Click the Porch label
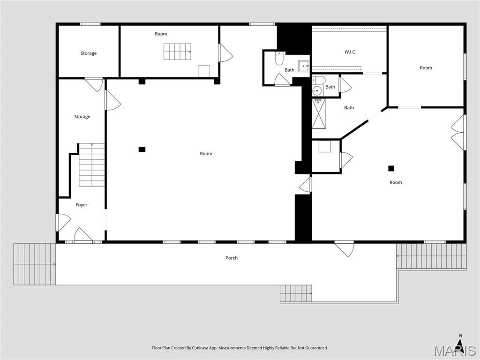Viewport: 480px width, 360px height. click(x=232, y=258)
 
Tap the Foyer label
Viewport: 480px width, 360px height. click(x=82, y=205)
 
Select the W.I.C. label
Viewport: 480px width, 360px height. click(x=350, y=52)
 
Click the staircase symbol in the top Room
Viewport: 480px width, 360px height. click(x=177, y=52)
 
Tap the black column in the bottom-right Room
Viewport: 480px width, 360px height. click(x=391, y=168)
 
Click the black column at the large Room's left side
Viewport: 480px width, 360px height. click(x=142, y=150)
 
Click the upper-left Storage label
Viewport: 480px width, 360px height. click(x=88, y=53)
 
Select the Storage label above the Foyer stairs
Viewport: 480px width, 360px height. click(x=82, y=117)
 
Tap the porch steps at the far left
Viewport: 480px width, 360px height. click(x=34, y=264)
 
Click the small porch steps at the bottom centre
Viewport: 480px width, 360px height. click(x=296, y=294)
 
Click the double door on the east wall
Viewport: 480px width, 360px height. click(x=458, y=133)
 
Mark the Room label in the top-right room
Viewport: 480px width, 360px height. click(x=426, y=68)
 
